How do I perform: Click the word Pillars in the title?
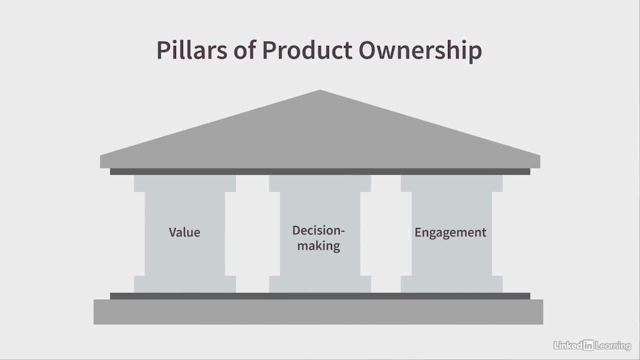click(191, 50)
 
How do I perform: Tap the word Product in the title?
click(307, 50)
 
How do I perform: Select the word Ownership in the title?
click(420, 51)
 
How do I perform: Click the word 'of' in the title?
click(244, 50)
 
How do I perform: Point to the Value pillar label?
click(184, 232)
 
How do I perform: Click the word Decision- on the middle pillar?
click(318, 230)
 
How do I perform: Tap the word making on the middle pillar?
click(318, 246)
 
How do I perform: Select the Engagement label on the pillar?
click(450, 232)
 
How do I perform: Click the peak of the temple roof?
click(320, 90)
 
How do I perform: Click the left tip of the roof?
click(100, 156)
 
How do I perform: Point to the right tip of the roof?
click(539, 156)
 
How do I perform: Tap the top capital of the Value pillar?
click(185, 183)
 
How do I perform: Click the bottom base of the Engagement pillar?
click(451, 284)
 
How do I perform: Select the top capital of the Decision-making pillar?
click(320, 183)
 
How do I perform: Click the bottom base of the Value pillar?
click(185, 284)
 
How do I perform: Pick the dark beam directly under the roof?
click(320, 171)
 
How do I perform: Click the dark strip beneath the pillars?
click(320, 296)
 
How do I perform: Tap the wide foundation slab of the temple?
click(318, 312)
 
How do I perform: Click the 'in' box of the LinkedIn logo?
click(588, 345)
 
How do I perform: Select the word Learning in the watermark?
click(613, 346)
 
